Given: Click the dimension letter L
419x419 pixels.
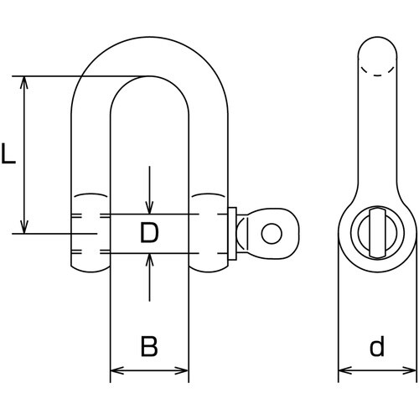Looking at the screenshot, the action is tap(8, 153).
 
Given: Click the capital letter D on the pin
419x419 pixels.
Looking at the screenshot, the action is tap(149, 232).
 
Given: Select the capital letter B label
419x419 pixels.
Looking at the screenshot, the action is tap(149, 346).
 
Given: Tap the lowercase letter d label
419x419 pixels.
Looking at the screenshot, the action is tap(377, 345).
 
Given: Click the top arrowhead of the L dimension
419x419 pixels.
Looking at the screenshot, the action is tap(24, 82).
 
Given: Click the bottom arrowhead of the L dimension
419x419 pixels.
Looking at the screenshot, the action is tap(24, 227).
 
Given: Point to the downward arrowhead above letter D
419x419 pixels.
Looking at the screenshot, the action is tap(150, 209).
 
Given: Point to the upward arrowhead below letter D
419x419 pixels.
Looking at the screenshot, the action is tap(150, 260).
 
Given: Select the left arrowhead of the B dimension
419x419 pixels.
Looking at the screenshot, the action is tap(117, 371).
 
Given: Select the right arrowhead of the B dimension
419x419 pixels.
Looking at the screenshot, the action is tap(182, 371).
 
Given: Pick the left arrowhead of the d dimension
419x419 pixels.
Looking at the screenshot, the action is tap(345, 371).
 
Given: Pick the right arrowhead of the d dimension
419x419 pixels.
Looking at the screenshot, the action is tap(410, 371).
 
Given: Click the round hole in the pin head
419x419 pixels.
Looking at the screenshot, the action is tap(272, 234).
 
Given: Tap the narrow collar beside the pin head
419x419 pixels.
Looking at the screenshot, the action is tap(232, 234).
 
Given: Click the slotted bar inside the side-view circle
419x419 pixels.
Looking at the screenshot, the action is tap(377, 232).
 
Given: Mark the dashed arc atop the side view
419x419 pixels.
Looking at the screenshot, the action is tap(377, 74).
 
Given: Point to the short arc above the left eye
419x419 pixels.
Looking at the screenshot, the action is tap(91, 194).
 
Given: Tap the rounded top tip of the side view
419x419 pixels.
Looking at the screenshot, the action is tap(377, 37).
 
